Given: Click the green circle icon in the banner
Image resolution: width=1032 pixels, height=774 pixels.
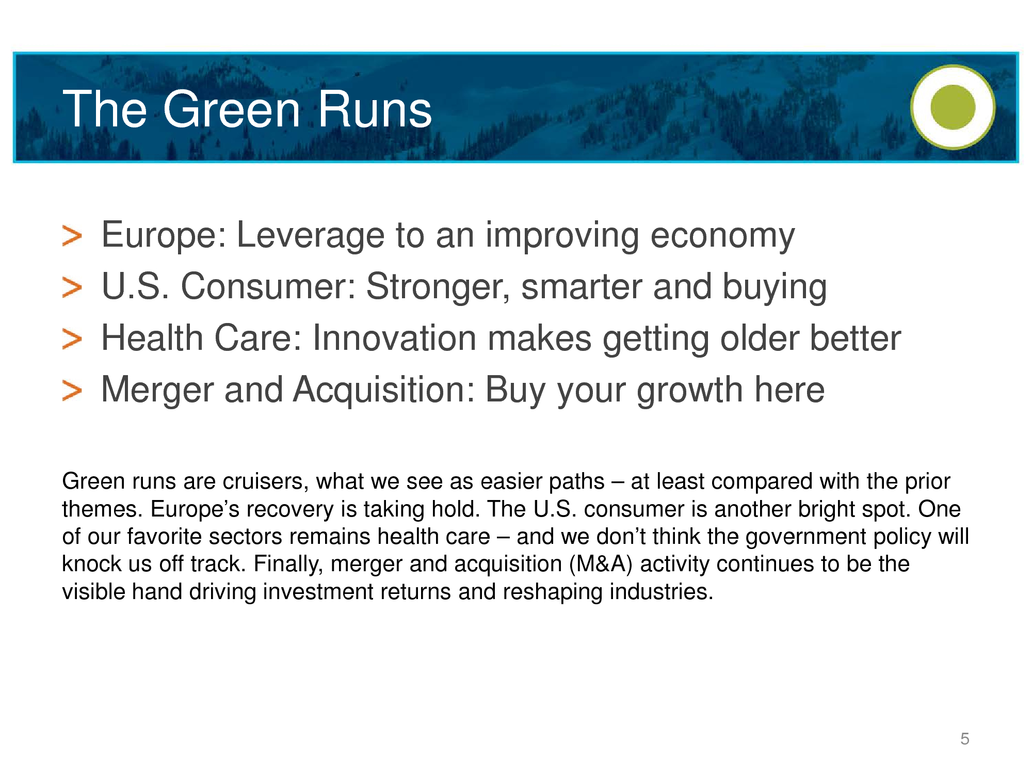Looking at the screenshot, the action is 953,107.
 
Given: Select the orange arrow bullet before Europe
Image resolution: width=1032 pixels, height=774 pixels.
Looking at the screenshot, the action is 72,236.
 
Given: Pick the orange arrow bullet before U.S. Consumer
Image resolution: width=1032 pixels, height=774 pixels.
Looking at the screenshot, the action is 72,287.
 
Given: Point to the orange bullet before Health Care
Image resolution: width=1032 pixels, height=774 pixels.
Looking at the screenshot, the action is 72,339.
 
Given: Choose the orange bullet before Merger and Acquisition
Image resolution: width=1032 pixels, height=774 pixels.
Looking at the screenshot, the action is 72,391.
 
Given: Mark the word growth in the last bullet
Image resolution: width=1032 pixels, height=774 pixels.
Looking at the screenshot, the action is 690,391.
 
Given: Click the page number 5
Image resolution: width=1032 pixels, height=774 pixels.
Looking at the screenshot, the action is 965,739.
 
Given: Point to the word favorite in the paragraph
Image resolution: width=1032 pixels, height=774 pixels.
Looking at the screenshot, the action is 165,537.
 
